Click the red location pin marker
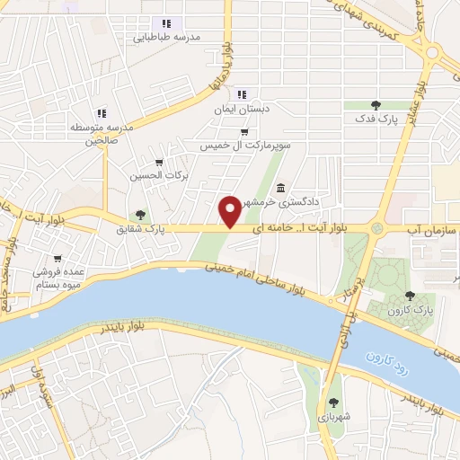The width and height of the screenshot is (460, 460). (x=230, y=211)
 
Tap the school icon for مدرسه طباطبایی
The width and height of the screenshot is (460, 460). (x=165, y=23)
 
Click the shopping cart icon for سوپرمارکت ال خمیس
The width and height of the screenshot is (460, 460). (x=244, y=130)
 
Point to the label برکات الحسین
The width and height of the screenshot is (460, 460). (x=159, y=176)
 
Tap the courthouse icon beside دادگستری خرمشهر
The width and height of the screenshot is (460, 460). (x=281, y=189)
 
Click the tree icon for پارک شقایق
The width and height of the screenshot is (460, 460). (x=139, y=215)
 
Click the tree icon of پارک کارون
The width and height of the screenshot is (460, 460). (x=411, y=295)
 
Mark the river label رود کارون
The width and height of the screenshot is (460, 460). (x=388, y=363)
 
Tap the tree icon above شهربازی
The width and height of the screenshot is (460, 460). (x=334, y=402)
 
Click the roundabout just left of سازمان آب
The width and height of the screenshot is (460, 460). (x=377, y=230)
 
